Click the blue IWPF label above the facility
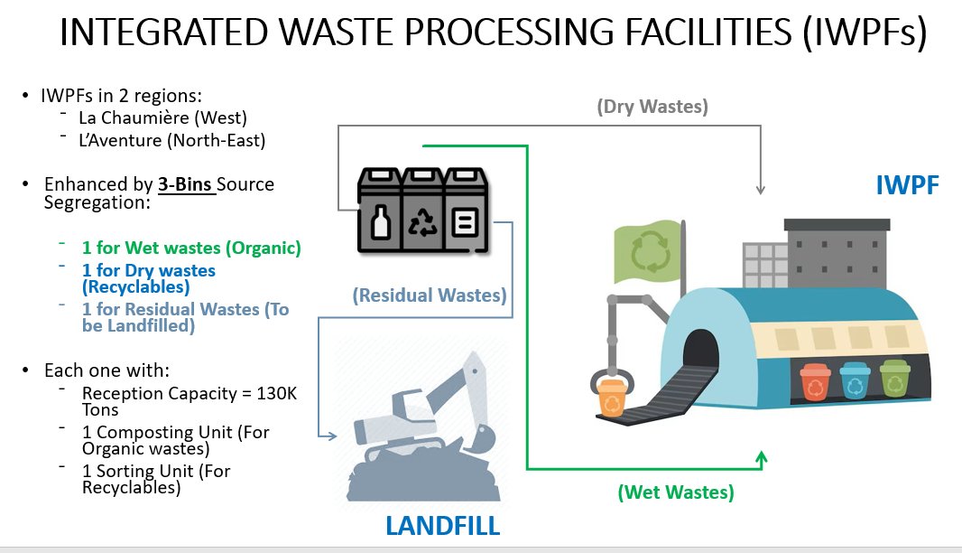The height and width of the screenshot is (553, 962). coord(908,186)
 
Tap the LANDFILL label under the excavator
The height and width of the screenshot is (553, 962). coord(443,525)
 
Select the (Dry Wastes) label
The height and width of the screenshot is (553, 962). coord(652,107)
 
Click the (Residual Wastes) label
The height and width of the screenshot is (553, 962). coord(429,295)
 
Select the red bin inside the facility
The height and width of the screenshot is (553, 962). coord(815,381)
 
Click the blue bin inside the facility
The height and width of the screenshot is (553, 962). coord(854,381)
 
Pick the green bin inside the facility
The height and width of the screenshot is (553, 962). coord(893,380)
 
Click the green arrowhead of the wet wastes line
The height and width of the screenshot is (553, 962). coord(762,458)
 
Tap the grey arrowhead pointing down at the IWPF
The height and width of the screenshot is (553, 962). coord(761,190)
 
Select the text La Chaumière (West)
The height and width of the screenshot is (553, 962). coord(162,117)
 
